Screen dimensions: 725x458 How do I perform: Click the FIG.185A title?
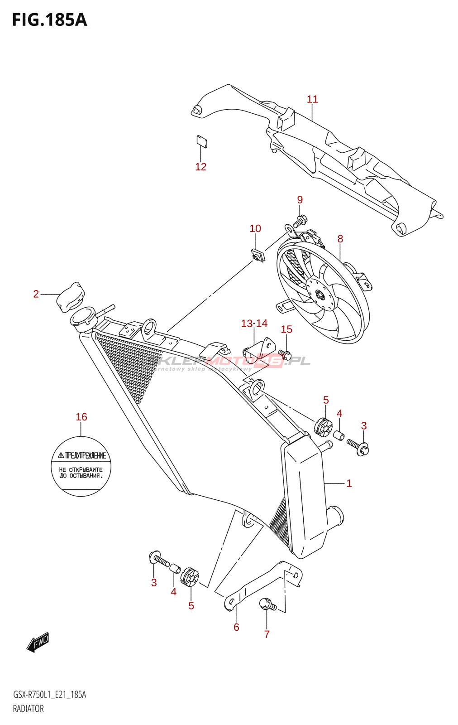[x=49, y=20]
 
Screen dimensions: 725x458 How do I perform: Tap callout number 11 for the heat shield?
[x=312, y=99]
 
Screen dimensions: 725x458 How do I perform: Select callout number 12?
[x=200, y=167]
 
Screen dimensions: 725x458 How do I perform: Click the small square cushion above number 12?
[x=202, y=142]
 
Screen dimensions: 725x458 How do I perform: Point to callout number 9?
[x=300, y=200]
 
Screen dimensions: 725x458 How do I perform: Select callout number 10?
[x=255, y=228]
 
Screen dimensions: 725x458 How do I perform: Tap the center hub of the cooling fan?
[x=320, y=295]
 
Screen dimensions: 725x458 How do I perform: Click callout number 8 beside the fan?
[x=340, y=239]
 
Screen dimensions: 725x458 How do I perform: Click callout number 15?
[x=286, y=329]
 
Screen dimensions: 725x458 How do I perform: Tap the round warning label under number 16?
[x=81, y=466]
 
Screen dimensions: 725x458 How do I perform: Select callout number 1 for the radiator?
[x=349, y=483]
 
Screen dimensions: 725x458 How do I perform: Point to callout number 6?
[x=236, y=627]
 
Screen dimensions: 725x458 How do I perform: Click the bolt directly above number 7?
[x=267, y=604]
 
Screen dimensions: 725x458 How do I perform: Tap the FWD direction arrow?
[x=38, y=642]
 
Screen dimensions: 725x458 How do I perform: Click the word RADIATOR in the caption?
[x=29, y=709]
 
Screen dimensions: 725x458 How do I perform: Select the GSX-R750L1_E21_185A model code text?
[x=49, y=695]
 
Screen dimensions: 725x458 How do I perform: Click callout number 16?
[x=81, y=417]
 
